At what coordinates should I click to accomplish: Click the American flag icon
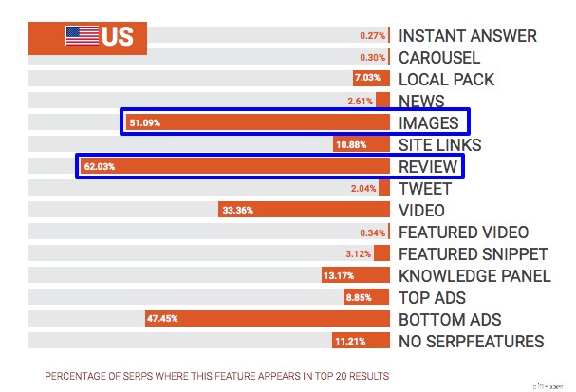tap(82, 36)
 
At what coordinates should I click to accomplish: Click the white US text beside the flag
tap(118, 37)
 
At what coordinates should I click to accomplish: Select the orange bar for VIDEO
tap(304, 211)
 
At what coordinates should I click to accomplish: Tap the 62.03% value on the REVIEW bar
tap(100, 167)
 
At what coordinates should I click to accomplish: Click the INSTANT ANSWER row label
tap(467, 36)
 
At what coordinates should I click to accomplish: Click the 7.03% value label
tap(367, 80)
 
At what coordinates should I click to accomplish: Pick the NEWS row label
tap(421, 102)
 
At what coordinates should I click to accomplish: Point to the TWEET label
tap(425, 189)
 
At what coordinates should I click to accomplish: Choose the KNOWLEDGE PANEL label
tap(474, 276)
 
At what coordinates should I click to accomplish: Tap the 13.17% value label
tap(339, 276)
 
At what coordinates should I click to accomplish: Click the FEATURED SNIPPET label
tap(473, 254)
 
